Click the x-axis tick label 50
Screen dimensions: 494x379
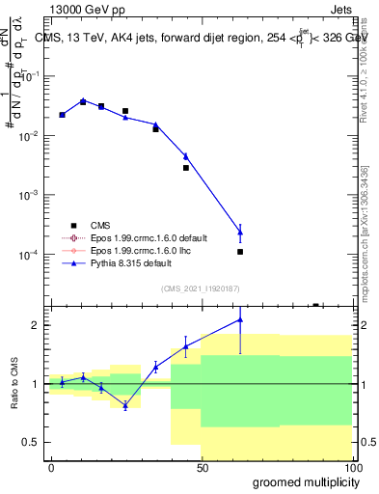coord(203,467)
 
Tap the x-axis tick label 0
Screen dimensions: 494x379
coord(51,467)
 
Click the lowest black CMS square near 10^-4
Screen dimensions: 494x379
coord(240,252)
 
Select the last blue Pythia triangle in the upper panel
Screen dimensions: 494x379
coord(240,233)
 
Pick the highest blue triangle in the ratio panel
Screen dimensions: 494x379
coord(240,319)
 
